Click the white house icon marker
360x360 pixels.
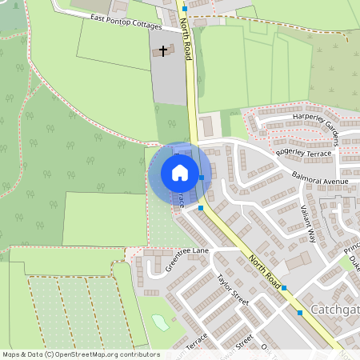[180, 173]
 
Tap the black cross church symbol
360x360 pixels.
[164, 51]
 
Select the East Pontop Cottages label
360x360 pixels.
[126, 22]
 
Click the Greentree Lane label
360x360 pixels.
[186, 261]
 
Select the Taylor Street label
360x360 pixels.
[233, 289]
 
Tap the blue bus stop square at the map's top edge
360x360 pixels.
[185, 8]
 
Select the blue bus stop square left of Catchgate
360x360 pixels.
[300, 313]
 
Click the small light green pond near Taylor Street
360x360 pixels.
[161, 322]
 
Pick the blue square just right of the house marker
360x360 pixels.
[202, 178]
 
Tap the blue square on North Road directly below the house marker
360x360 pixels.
[200, 208]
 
